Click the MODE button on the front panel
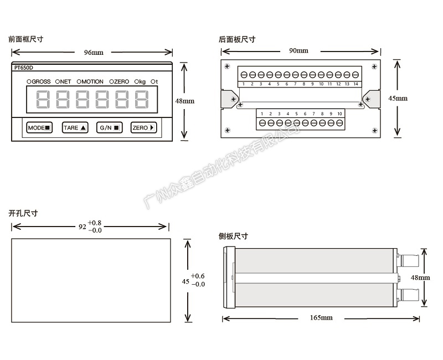39,127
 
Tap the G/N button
109,127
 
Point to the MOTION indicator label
90,82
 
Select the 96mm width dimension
93,53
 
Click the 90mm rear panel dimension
298,51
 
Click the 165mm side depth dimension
321,318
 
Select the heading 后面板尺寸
237,39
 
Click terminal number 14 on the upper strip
355,84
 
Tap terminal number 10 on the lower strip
339,114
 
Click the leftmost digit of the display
44,100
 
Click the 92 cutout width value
83,227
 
